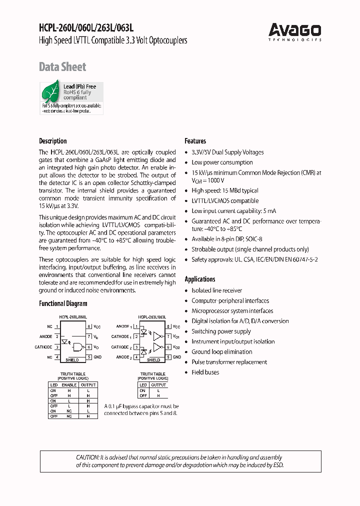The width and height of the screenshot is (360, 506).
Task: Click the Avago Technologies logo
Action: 294,31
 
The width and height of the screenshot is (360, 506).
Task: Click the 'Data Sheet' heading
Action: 62,67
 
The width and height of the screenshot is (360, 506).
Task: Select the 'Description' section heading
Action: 53,141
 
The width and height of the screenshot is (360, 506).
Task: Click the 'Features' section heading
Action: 195,141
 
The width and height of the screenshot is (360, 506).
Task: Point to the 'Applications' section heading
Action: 200,279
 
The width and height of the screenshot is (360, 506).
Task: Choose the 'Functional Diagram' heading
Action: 63,303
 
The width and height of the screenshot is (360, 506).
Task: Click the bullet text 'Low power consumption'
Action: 222,162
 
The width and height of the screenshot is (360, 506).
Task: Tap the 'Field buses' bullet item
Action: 205,372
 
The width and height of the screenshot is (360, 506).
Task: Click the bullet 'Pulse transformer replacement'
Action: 229,362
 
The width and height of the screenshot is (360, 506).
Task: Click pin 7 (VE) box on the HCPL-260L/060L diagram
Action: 88,336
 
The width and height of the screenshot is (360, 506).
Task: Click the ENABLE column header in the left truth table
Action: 69,385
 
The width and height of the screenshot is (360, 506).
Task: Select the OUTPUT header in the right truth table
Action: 158,385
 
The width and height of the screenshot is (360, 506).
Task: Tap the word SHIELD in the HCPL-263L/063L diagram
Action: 153,359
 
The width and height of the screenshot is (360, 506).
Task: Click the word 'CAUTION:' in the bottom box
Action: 88,457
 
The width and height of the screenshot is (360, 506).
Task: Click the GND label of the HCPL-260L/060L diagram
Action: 97,357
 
